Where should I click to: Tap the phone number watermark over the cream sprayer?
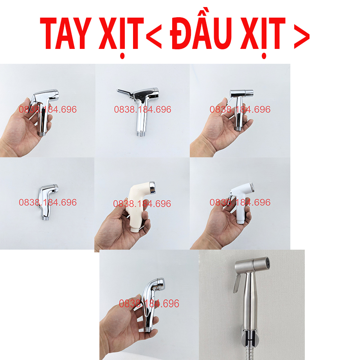pyautogui.click(x=142, y=204)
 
